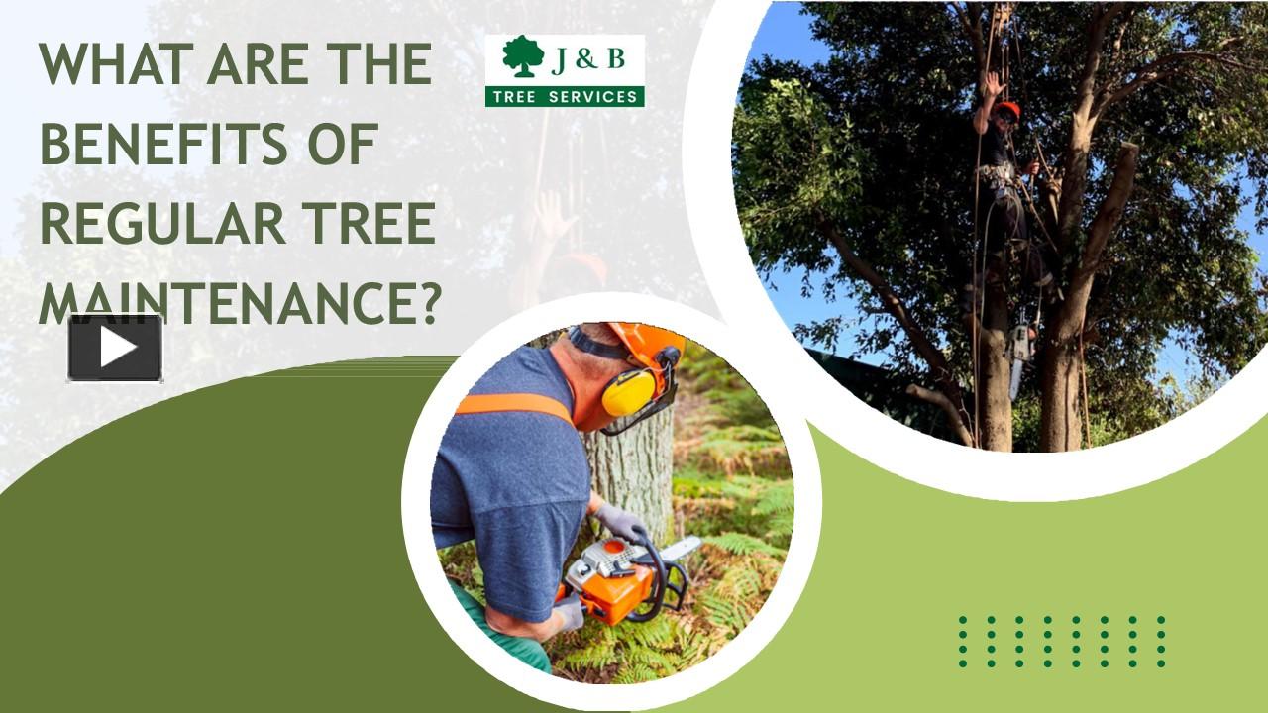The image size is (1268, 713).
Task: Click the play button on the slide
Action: [115, 348]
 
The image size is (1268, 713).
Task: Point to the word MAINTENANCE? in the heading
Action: [239, 302]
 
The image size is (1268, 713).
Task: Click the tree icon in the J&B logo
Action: [523, 57]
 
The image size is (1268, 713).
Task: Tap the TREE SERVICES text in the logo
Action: [565, 96]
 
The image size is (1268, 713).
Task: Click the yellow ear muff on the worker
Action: [628, 392]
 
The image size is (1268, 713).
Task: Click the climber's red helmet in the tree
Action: [1007, 108]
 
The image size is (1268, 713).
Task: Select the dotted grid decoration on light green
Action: [1061, 641]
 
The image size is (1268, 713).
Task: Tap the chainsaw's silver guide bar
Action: [682, 548]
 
